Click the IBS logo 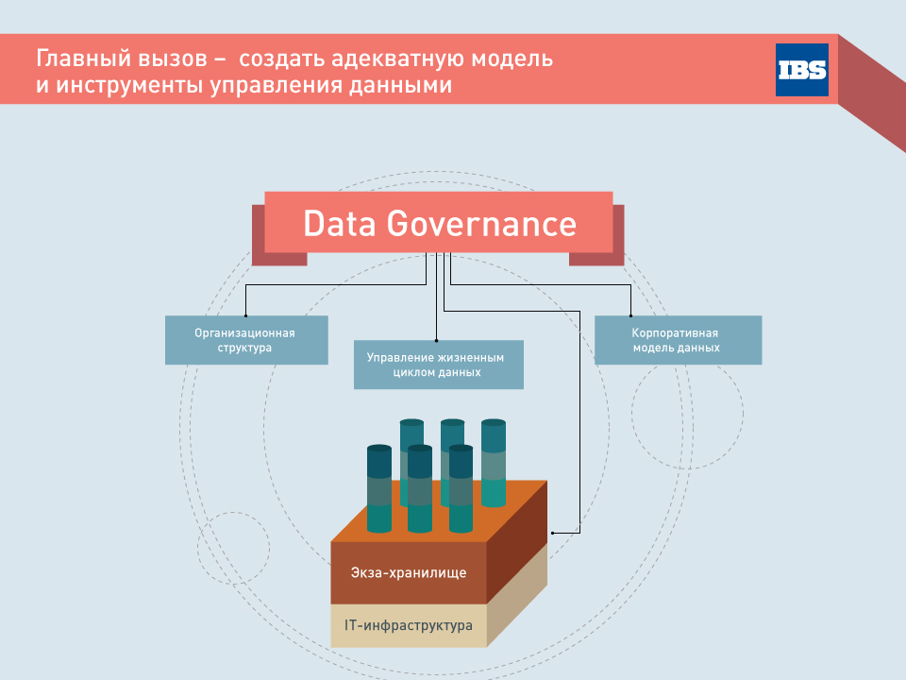[x=801, y=69]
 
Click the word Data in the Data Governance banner [x=340, y=224]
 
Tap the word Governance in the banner [x=481, y=224]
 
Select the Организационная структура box [x=246, y=340]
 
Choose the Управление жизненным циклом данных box [x=439, y=365]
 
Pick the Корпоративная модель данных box [x=678, y=340]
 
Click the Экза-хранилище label [x=409, y=572]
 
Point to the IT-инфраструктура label [x=409, y=625]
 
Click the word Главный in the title [x=78, y=59]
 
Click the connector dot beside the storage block [x=552, y=533]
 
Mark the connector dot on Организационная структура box [x=245, y=315]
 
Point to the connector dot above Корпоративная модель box [x=630, y=315]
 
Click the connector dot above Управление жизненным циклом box [x=436, y=341]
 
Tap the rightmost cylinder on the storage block [x=494, y=463]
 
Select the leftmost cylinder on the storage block [x=379, y=488]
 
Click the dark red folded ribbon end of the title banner [x=872, y=93]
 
